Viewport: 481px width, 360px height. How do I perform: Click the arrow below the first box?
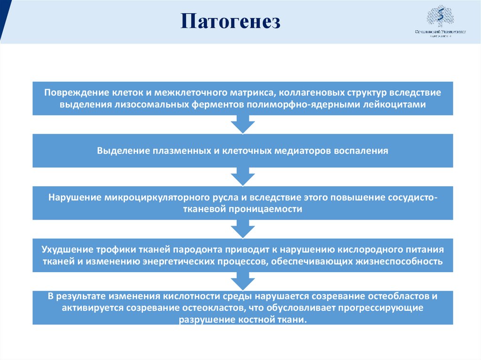243,124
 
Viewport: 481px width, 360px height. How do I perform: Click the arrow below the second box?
243,176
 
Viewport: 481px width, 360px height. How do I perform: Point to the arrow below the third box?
243,229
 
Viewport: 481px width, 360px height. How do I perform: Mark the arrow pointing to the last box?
243,281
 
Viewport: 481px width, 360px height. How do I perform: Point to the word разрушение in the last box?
203,320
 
